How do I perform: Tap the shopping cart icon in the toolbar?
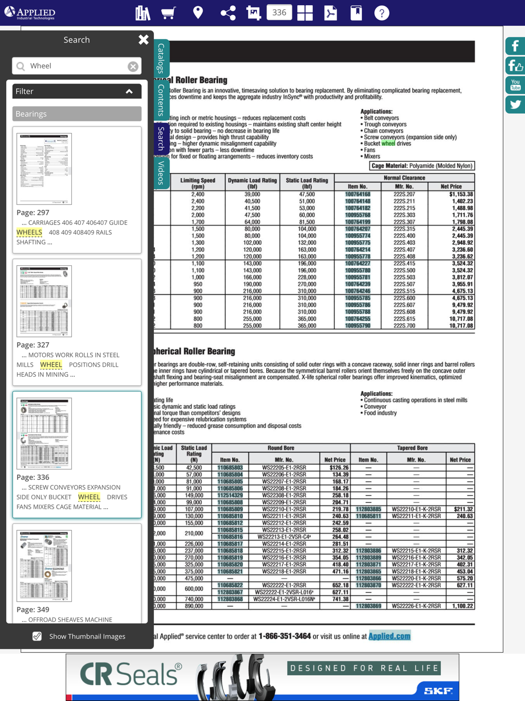(x=168, y=13)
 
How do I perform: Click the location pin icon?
(x=198, y=13)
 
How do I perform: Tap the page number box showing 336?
(x=279, y=13)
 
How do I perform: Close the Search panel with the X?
(x=143, y=39)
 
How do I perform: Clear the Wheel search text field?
(x=133, y=66)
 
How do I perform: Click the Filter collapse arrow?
(x=129, y=91)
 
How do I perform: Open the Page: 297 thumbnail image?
(x=44, y=169)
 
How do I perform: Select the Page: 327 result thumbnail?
(x=44, y=301)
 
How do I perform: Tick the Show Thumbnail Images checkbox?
(x=37, y=636)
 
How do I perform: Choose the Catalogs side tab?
(x=161, y=58)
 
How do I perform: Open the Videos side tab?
(x=161, y=172)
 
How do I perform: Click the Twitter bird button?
(x=515, y=105)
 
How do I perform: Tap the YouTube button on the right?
(x=515, y=85)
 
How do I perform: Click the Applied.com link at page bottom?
(x=389, y=636)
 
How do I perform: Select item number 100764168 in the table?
(x=358, y=194)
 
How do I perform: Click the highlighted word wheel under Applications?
(x=388, y=143)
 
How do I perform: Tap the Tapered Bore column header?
(x=412, y=448)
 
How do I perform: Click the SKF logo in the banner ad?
(x=438, y=690)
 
